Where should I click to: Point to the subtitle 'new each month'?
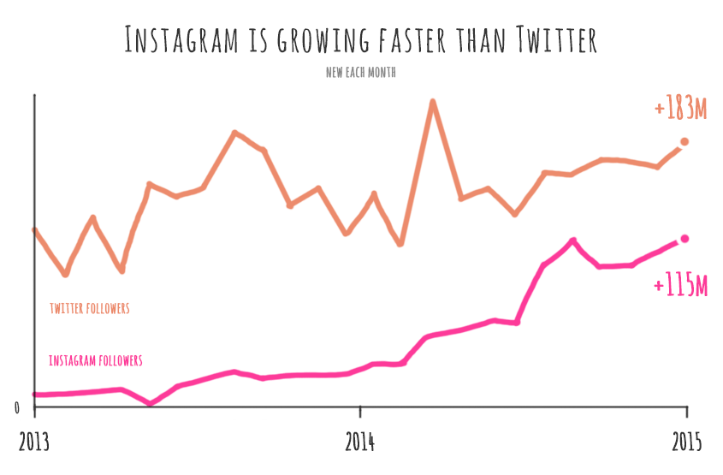pyautogui.click(x=360, y=73)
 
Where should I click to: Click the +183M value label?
pyautogui.click(x=681, y=109)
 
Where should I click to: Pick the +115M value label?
pyautogui.click(x=681, y=286)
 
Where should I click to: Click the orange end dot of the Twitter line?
pyautogui.click(x=684, y=142)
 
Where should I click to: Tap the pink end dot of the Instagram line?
pyautogui.click(x=684, y=239)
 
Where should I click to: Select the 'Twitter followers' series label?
pyautogui.click(x=90, y=308)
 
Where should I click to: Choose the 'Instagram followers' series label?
pyautogui.click(x=96, y=360)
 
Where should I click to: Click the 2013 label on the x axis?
pyautogui.click(x=34, y=442)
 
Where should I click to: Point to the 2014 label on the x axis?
pyautogui.click(x=361, y=442)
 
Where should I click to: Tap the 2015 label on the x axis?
pyautogui.click(x=686, y=442)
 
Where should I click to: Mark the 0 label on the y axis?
pyautogui.click(x=17, y=408)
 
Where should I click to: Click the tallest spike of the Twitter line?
pyautogui.click(x=433, y=102)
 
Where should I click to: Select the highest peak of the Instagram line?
pyautogui.click(x=572, y=240)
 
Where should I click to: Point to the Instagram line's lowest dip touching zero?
pyautogui.click(x=150, y=403)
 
